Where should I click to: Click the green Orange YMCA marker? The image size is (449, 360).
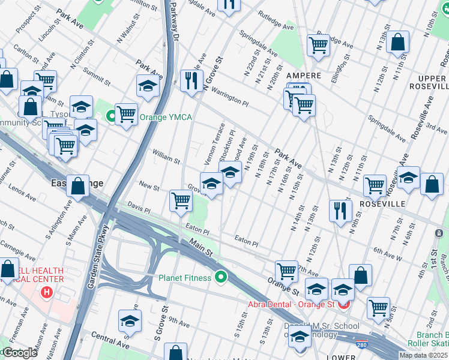[x=111, y=116]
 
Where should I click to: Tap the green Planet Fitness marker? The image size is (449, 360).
[x=221, y=278]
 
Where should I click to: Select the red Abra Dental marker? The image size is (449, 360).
[x=343, y=304]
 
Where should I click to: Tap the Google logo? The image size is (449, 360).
[x=20, y=353]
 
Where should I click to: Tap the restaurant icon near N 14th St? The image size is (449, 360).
[x=340, y=211]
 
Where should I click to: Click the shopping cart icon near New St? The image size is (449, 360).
[x=181, y=200]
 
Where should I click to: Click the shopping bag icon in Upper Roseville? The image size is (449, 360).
[x=397, y=42]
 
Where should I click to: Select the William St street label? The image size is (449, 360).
[x=166, y=157]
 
